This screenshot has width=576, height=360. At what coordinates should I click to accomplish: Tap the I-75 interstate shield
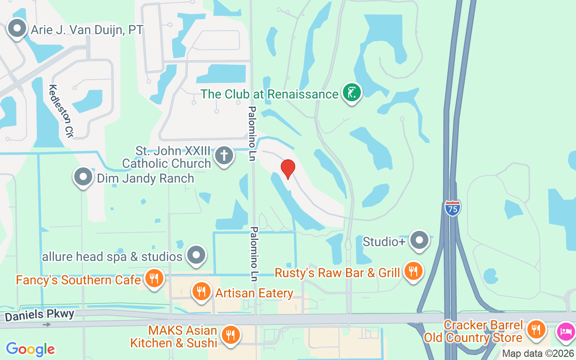tap(453, 208)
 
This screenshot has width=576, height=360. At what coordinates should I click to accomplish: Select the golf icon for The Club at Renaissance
tap(352, 92)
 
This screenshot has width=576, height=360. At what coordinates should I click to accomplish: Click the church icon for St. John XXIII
tap(224, 156)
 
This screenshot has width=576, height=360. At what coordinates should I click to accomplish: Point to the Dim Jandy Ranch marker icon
tap(83, 177)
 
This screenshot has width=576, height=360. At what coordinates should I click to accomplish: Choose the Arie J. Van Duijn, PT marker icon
tap(17, 29)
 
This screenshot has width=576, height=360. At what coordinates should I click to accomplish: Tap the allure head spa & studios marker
tap(196, 256)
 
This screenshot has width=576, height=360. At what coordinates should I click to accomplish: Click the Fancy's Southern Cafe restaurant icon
tap(154, 279)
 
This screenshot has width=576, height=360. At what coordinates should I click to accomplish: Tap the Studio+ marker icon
tap(419, 241)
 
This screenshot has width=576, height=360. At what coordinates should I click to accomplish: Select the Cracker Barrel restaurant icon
tap(535, 330)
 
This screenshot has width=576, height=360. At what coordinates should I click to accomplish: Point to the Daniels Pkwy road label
tap(40, 315)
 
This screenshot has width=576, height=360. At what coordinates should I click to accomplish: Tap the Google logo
tap(31, 349)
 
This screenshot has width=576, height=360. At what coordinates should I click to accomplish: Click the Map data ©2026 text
tap(538, 354)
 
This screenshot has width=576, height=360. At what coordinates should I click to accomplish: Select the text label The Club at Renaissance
tap(269, 94)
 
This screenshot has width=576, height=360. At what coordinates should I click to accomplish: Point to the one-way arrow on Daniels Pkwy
tap(47, 324)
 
